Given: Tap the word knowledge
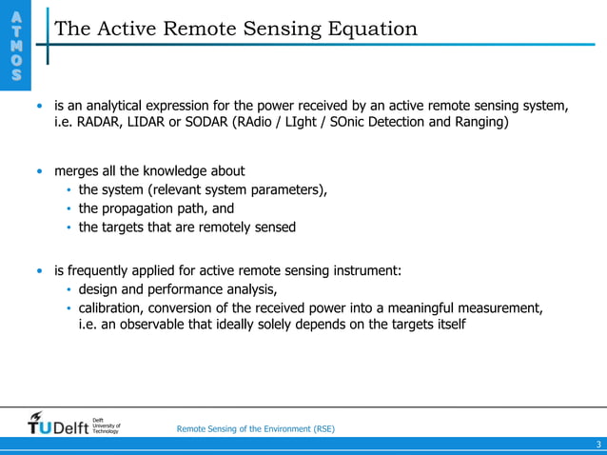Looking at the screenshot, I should (x=186, y=171).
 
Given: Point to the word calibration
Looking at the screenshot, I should (x=113, y=308).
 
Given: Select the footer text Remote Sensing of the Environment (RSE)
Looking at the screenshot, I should (x=256, y=429).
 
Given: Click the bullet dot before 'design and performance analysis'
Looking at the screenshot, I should (x=69, y=290).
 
